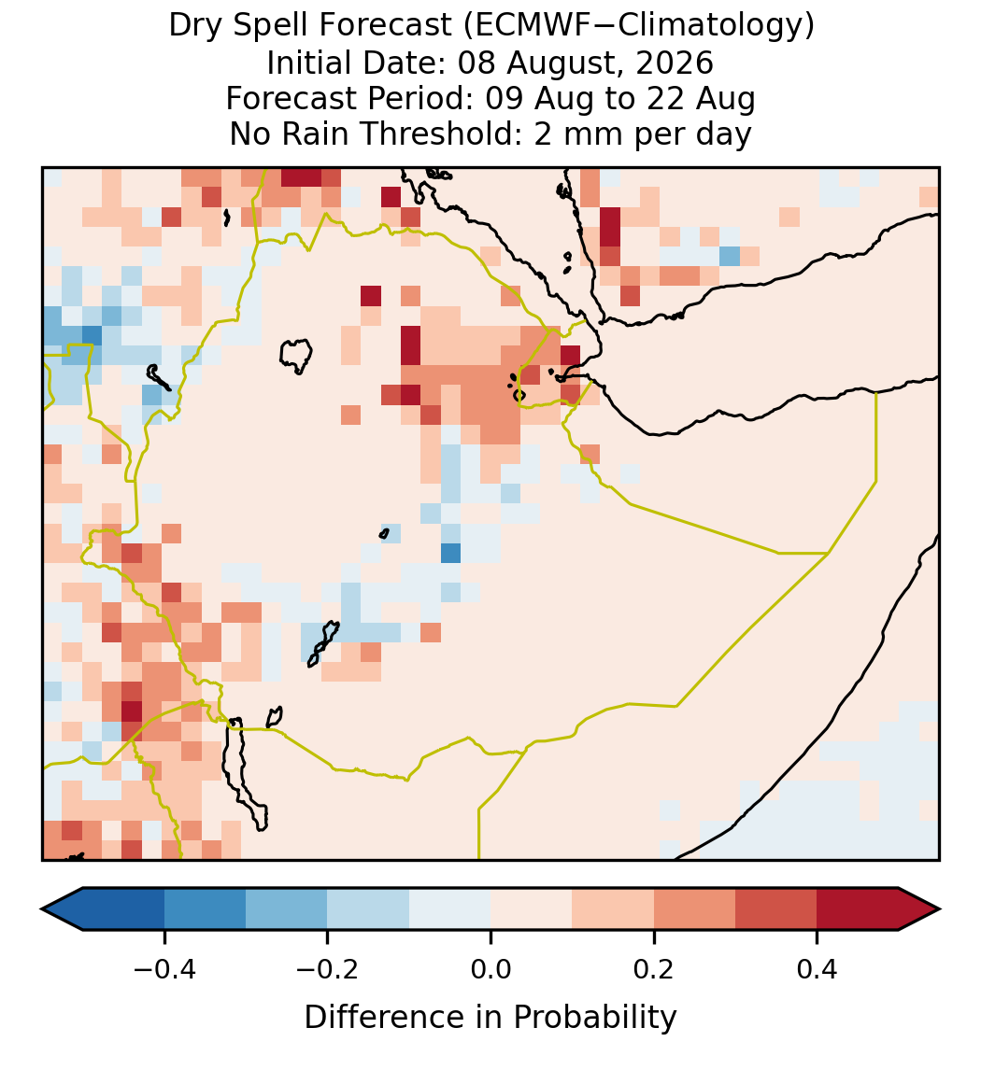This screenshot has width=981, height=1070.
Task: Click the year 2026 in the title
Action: (675, 63)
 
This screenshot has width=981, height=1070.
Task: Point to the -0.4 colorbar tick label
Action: (164, 968)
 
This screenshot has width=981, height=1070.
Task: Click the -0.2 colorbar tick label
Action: (328, 968)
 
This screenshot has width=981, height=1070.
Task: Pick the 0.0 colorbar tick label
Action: (490, 968)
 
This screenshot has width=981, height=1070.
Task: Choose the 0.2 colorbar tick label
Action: (654, 968)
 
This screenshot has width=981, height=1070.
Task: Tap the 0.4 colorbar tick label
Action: (817, 968)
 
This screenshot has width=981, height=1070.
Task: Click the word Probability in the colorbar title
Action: (594, 1018)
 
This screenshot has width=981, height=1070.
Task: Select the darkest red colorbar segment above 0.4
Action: (858, 909)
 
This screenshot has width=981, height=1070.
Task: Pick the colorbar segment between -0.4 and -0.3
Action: (205, 909)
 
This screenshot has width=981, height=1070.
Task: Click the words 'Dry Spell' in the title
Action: (240, 26)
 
